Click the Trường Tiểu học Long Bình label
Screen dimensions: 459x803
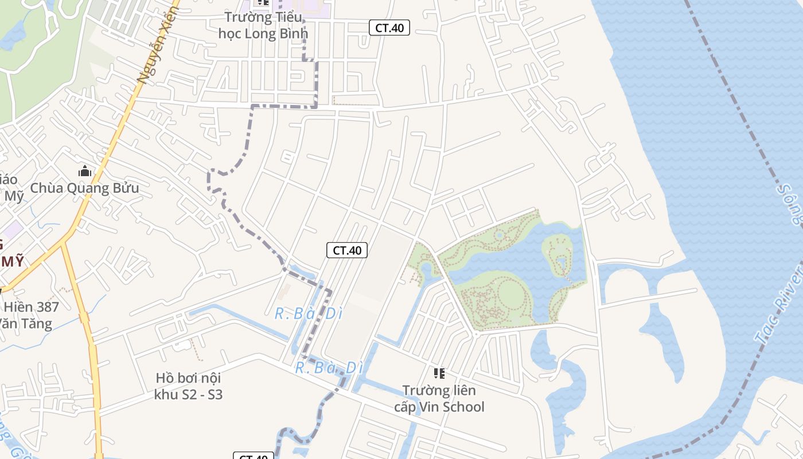(x=263, y=25)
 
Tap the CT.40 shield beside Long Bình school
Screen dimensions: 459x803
(x=389, y=28)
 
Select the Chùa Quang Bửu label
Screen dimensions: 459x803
(x=84, y=188)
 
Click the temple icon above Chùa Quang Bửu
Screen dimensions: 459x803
(x=85, y=171)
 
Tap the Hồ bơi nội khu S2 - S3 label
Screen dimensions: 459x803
(x=188, y=386)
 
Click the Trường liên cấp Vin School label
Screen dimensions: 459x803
(x=439, y=398)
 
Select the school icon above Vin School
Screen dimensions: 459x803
(x=439, y=374)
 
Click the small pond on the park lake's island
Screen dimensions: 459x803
(x=561, y=262)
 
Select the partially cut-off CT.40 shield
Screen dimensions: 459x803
(x=253, y=456)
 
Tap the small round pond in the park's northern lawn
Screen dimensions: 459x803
(x=499, y=235)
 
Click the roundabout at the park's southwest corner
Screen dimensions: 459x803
(x=475, y=333)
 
